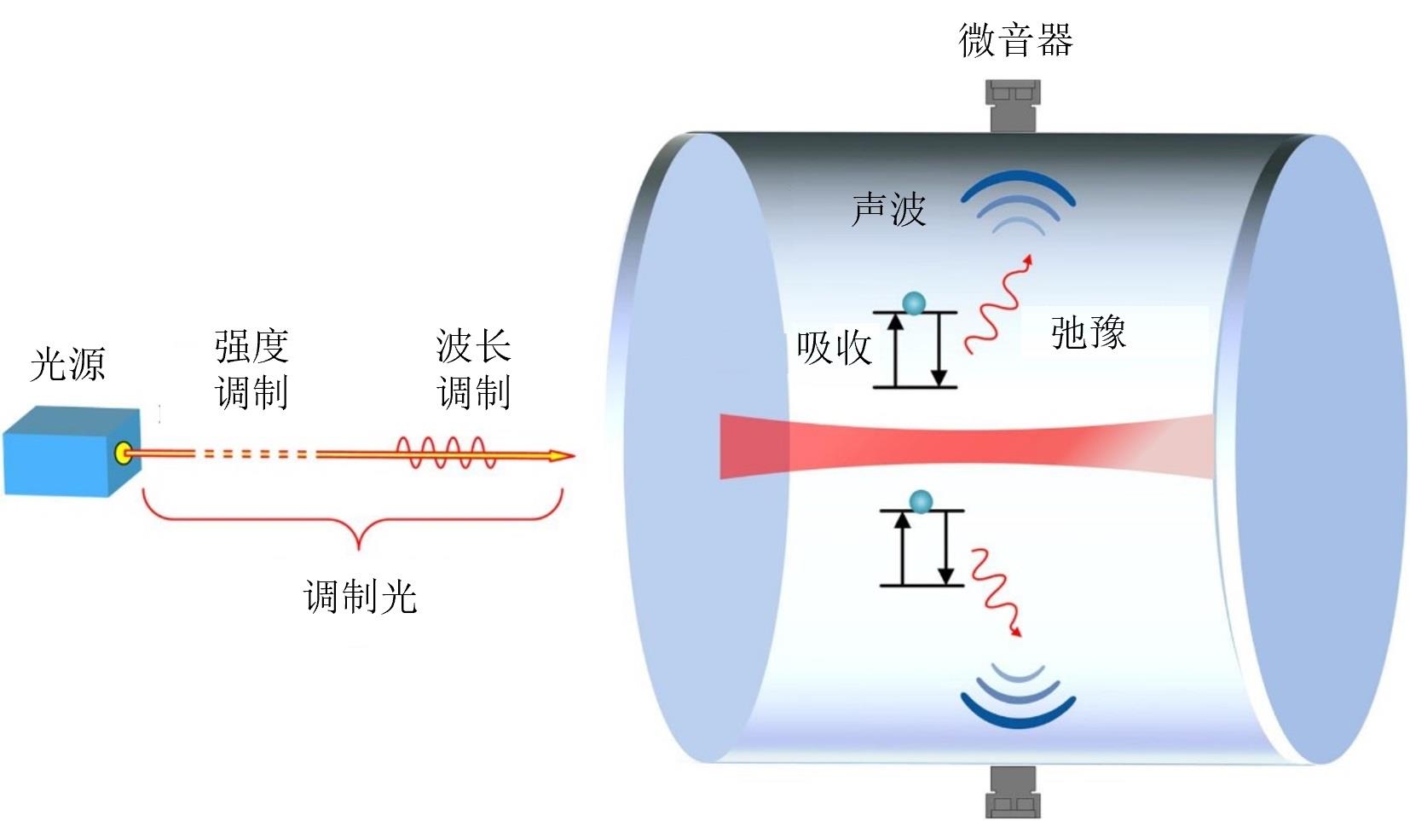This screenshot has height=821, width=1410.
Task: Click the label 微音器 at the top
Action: click(1014, 40)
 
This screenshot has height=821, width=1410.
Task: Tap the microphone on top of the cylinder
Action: click(1013, 105)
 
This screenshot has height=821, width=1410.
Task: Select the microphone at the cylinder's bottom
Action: click(1013, 791)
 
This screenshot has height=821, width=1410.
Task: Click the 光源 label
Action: click(67, 364)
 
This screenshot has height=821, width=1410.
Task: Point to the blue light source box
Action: click(68, 452)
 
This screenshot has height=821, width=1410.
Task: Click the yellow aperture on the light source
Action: click(124, 452)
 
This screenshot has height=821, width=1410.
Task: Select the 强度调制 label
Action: click(251, 369)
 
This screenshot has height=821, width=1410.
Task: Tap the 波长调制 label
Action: click(473, 369)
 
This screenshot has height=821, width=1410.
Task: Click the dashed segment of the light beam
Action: click(251, 454)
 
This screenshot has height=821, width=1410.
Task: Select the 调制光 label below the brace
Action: click(360, 596)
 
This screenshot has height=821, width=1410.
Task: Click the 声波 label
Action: click(888, 209)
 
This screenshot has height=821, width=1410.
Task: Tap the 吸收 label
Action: click(834, 348)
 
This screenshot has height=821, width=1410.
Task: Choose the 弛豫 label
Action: click(1088, 332)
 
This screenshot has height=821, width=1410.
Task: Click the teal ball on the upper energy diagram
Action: click(914, 303)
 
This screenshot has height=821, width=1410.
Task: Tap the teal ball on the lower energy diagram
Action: click(921, 501)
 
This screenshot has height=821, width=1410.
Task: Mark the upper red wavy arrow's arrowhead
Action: click(1029, 259)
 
